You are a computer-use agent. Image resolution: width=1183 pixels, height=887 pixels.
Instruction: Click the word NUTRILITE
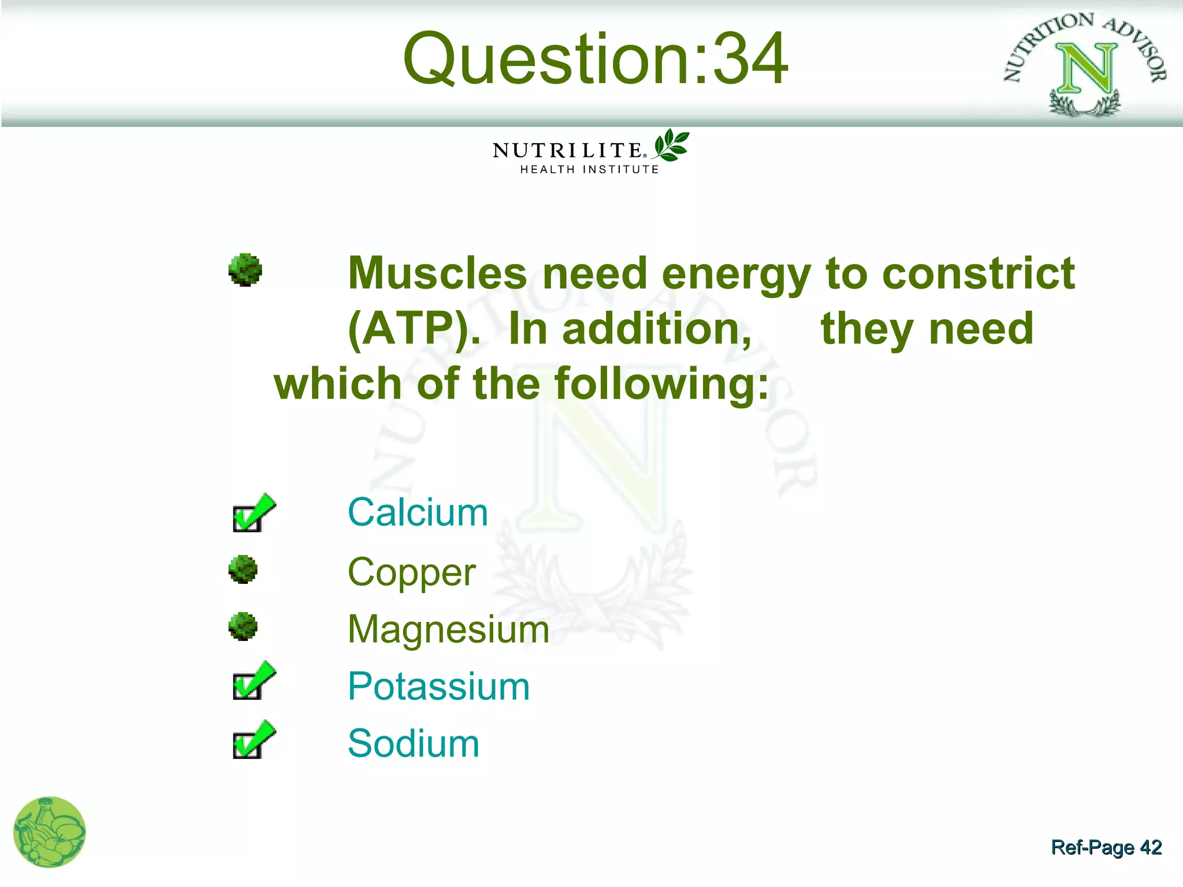click(567, 151)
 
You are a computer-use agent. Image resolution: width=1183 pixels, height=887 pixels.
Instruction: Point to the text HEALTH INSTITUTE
click(589, 170)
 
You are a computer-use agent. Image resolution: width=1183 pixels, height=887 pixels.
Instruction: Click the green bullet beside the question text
click(245, 270)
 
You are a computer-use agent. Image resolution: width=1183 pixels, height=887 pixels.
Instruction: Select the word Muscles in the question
click(437, 273)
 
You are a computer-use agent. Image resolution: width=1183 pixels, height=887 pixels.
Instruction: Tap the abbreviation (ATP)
click(414, 329)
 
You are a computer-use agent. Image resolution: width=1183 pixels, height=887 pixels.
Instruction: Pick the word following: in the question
click(661, 384)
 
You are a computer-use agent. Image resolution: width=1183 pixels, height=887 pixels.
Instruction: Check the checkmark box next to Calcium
click(252, 513)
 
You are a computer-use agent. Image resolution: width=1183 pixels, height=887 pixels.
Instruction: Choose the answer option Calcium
click(418, 512)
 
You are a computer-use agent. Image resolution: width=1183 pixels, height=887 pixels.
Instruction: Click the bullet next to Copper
click(243, 569)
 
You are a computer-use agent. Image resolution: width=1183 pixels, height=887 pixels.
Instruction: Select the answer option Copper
click(411, 572)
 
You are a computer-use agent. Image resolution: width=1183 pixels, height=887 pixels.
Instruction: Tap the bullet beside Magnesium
click(243, 627)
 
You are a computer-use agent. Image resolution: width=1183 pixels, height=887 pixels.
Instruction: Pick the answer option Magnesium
click(448, 629)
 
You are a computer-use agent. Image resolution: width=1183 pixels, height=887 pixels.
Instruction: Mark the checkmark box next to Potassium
click(252, 681)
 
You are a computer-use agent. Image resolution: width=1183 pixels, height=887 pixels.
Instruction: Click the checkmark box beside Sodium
click(252, 740)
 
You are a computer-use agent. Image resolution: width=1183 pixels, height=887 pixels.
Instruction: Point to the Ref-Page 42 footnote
click(1106, 847)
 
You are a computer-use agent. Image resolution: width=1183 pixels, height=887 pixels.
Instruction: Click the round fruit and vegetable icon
click(49, 832)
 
